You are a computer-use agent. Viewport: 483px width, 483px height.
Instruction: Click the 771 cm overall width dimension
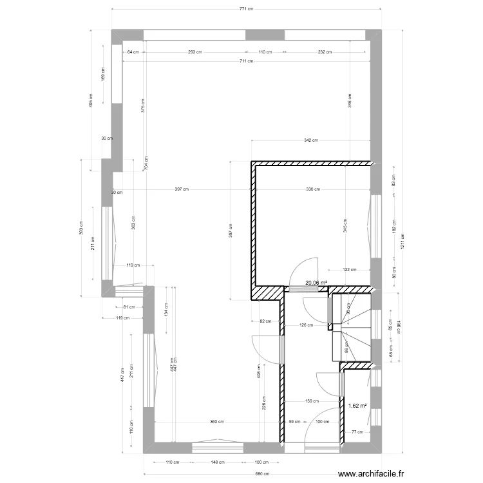pos(246,9)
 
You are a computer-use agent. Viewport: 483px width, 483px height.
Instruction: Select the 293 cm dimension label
pos(196,52)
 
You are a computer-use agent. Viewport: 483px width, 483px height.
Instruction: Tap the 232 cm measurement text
pos(325,52)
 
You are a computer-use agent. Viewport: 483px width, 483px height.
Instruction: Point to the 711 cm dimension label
pos(246,61)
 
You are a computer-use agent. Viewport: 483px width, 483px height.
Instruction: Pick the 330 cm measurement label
pos(313,189)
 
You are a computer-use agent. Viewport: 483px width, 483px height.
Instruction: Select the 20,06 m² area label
pos(316,282)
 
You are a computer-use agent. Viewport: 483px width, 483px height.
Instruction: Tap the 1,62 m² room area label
pos(357,406)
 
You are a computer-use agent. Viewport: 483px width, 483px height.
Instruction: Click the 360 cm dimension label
pos(216,422)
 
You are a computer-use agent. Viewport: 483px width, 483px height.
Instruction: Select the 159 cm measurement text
pos(312,401)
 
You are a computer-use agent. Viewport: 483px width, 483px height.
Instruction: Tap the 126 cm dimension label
pos(306,325)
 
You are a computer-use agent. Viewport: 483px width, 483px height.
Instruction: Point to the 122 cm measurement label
pos(348,270)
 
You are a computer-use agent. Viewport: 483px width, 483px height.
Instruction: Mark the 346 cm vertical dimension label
pos(349,100)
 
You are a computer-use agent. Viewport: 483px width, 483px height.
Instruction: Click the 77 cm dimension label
pos(357,433)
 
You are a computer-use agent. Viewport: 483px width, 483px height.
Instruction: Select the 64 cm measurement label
pos(133,52)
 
